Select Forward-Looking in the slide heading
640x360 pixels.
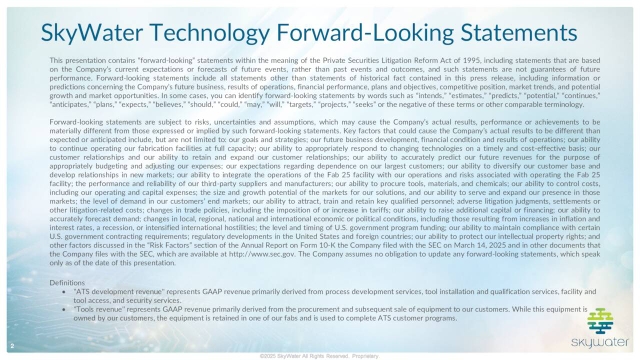382,32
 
